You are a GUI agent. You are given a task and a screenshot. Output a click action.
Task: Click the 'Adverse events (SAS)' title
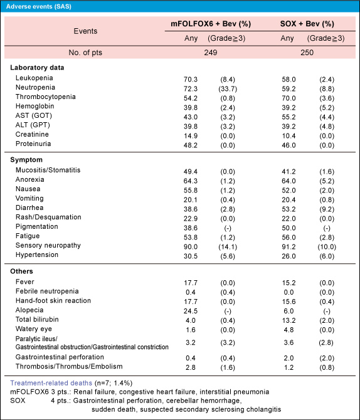click(39, 6)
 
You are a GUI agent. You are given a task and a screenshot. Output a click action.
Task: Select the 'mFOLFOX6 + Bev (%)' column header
click(211, 24)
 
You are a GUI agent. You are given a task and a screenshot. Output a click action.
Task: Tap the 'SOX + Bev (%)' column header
click(307, 24)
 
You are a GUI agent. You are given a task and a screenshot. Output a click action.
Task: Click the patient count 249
click(211, 52)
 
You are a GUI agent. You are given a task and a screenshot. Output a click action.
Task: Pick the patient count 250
click(307, 52)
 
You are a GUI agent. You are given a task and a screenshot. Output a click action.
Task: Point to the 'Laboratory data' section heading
click(37, 68)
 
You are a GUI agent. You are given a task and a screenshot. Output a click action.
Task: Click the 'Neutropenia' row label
click(35, 87)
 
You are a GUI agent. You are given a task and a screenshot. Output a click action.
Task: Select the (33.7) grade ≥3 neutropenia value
click(228, 88)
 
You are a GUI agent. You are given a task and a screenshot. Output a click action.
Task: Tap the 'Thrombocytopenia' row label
click(46, 97)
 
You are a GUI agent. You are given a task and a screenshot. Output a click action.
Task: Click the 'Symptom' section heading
click(26, 160)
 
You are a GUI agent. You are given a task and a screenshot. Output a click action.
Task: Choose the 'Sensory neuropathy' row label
click(48, 245)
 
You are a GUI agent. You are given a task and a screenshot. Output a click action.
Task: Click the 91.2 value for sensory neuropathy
click(289, 247)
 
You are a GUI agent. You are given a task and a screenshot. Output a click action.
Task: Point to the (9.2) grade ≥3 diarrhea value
click(327, 209)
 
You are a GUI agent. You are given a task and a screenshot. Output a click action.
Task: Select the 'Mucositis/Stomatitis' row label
click(48, 170)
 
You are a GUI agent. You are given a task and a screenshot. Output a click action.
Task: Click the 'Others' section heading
click(21, 271)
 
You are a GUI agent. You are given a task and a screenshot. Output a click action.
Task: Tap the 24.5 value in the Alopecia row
click(191, 311)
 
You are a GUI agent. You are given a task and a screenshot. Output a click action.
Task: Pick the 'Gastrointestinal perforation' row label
click(60, 357)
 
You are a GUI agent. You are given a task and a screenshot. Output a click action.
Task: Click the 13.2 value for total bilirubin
click(289, 320)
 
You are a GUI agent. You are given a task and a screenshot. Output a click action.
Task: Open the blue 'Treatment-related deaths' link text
click(51, 383)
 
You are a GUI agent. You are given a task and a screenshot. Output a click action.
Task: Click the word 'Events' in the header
click(85, 31)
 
